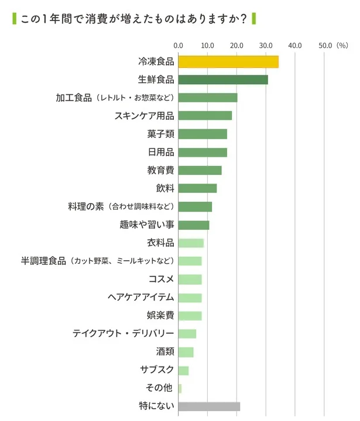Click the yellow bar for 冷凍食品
(x=228, y=61)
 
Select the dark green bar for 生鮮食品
(x=222, y=80)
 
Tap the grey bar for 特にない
(x=208, y=406)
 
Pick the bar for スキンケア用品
(x=204, y=116)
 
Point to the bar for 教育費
(x=200, y=170)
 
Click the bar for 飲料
(x=197, y=188)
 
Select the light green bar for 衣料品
(x=191, y=243)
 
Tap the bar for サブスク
(x=183, y=370)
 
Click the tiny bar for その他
(x=180, y=388)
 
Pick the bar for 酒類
(x=186, y=352)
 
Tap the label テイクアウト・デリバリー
(x=123, y=334)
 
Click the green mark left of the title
(x=14, y=18)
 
